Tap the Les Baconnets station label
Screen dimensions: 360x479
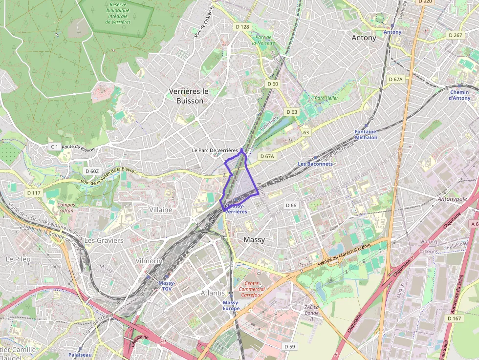pos(315,164)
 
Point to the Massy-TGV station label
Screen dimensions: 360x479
pos(167,286)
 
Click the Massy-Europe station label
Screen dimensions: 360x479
pos(231,306)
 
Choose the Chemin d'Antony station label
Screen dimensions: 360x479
pos(459,95)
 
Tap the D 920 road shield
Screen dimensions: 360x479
pos(425,1)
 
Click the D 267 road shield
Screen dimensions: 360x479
pos(455,35)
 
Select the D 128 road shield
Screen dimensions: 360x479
pos(242,27)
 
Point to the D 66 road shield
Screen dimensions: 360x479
pos(291,205)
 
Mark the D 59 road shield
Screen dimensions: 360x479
pos(290,346)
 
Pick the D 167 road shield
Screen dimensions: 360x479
pos(454,318)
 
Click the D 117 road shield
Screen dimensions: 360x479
pos(34,193)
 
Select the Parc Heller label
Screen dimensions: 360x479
pos(326,98)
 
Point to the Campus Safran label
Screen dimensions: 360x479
pos(65,208)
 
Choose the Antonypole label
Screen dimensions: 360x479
pos(452,199)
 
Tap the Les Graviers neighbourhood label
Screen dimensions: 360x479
pos(104,240)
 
